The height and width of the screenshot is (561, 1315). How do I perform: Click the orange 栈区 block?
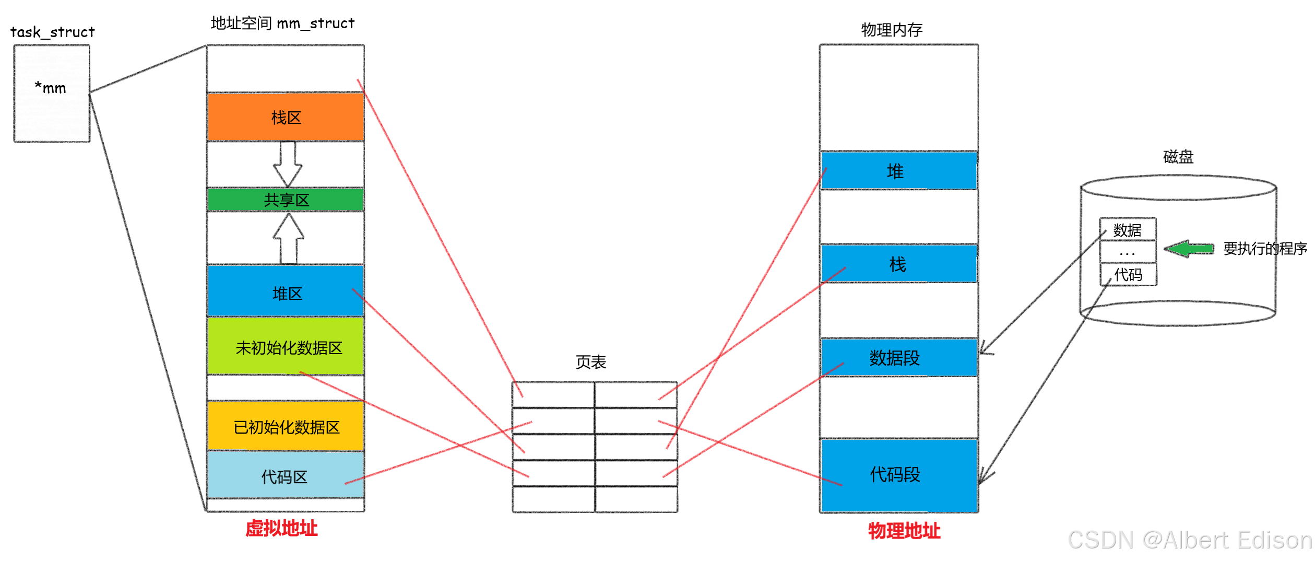point(286,117)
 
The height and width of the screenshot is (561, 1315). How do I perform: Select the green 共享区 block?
point(286,200)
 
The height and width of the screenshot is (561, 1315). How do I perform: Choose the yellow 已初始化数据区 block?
point(286,426)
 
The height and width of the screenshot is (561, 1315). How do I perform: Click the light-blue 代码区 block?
point(285,476)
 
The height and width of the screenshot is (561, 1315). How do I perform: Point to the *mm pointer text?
point(51,88)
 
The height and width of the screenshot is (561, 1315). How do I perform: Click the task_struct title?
point(52,32)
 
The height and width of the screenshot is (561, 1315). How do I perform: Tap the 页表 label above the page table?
point(590,361)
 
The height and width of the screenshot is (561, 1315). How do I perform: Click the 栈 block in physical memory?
point(898,264)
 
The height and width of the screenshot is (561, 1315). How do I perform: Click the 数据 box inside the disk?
point(1128,230)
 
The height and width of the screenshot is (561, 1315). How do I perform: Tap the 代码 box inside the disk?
point(1128,274)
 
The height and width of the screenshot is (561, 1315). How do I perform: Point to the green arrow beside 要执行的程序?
point(1189,249)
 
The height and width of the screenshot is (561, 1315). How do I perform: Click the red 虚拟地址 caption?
point(281,528)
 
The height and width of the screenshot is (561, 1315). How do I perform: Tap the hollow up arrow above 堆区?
point(289,239)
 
